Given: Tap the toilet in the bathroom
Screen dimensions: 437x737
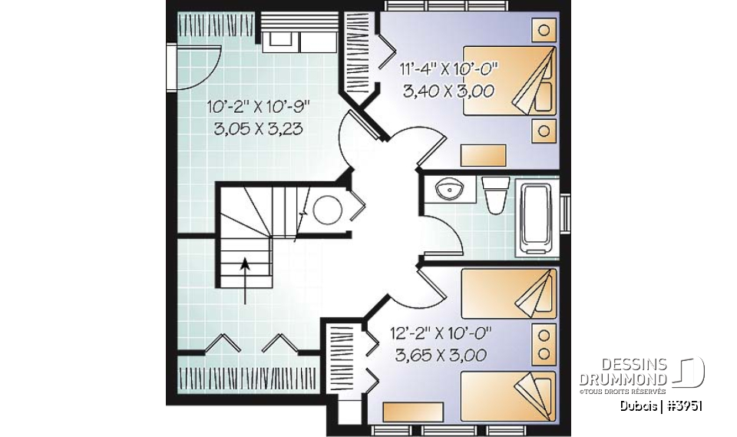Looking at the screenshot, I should pyautogui.click(x=495, y=193).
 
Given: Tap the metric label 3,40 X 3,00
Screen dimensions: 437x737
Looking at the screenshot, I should pyautogui.click(x=448, y=91).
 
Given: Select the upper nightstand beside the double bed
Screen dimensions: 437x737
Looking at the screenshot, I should pyautogui.click(x=544, y=31).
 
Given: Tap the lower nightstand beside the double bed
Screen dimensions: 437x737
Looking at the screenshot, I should pyautogui.click(x=544, y=130).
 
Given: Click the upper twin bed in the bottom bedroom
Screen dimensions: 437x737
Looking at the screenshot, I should pyautogui.click(x=507, y=291).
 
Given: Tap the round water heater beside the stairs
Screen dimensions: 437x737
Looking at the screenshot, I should pyautogui.click(x=328, y=209).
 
